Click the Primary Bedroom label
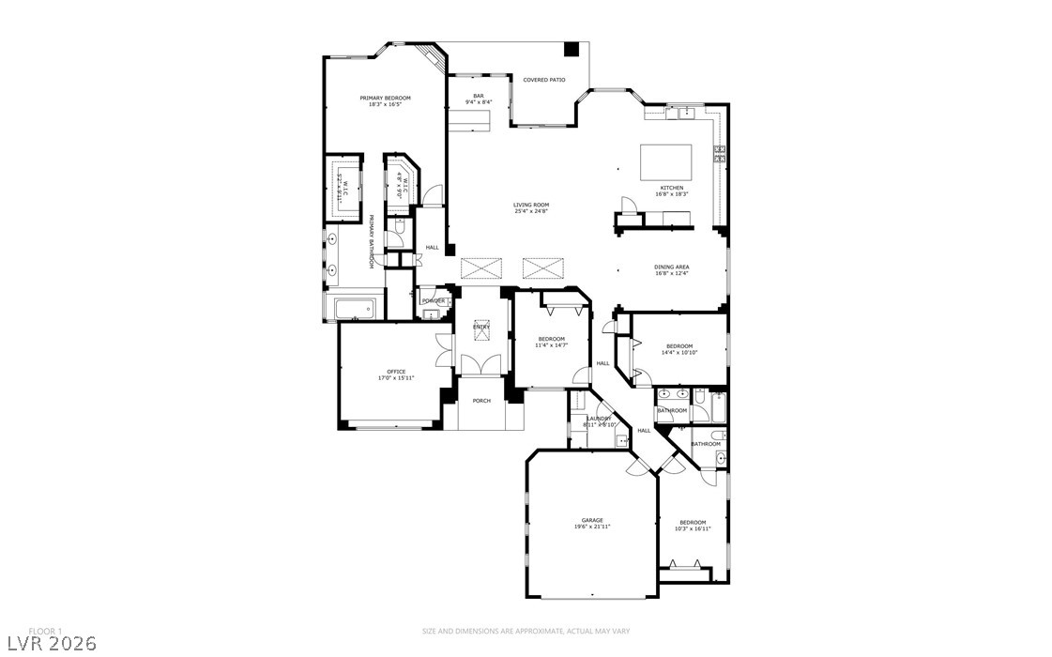386,100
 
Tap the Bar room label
478,99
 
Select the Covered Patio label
544,80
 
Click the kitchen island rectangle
666,161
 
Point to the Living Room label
530,207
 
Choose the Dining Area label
672,269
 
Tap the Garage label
591,523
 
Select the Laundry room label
600,420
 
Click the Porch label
481,401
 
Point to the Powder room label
434,300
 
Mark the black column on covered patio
571,50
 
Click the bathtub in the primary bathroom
351,306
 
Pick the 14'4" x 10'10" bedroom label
678,348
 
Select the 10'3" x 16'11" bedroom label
693,525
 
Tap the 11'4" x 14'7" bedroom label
551,342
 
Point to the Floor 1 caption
45,630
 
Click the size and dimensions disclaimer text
526,631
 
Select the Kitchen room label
671,191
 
